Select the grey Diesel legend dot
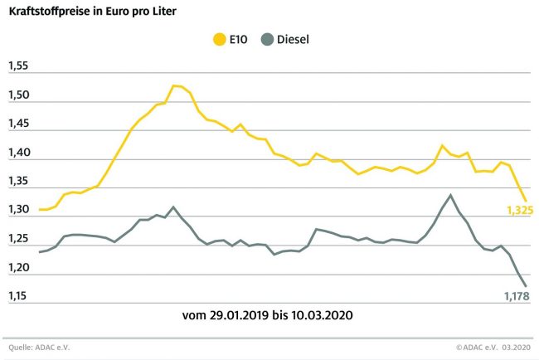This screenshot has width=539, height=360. point(266,38)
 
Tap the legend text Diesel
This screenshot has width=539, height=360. point(294,38)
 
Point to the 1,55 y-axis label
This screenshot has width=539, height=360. point(18,66)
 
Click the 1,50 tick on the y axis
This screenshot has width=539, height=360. point(18,95)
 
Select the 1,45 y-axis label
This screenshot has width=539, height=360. point(18,124)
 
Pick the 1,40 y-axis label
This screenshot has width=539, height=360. point(18,153)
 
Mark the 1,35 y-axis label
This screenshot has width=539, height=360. point(18,182)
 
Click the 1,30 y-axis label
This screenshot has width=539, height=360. point(18,211)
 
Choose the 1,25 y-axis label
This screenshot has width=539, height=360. point(18,239)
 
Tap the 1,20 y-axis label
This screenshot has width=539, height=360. point(18,268)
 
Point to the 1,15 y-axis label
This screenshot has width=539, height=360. point(18,296)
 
